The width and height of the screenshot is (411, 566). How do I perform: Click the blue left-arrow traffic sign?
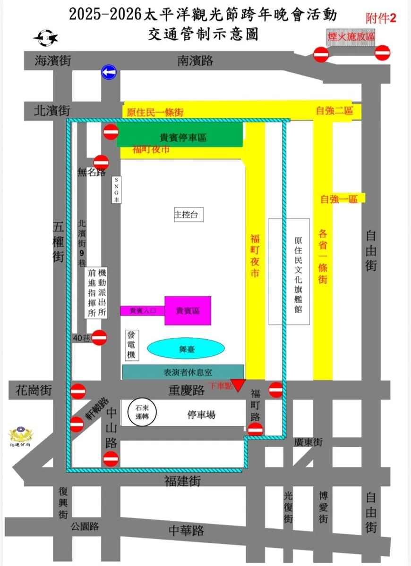[x=109, y=72]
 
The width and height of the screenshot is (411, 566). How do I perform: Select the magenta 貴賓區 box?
[x=188, y=310]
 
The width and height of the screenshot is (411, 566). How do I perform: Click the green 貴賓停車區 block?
[x=180, y=136]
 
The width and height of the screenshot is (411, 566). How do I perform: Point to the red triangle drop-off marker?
[x=239, y=385]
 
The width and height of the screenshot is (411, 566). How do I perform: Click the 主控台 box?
[x=188, y=215]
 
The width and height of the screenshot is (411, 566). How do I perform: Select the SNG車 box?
[x=116, y=190]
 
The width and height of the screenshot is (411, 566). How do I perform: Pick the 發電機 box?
[x=131, y=345]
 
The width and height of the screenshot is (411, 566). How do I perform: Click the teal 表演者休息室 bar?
[x=183, y=372]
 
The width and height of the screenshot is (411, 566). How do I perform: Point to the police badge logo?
[x=20, y=434]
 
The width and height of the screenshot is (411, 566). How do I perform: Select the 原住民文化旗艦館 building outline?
[x=289, y=271]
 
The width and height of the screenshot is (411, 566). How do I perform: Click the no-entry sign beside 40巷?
[x=99, y=338]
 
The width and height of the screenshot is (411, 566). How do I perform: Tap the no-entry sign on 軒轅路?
[x=77, y=424]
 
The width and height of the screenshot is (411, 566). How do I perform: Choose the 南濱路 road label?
[x=195, y=60]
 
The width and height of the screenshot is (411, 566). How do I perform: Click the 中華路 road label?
[x=186, y=531]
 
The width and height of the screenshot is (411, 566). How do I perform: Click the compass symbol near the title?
[x=45, y=37]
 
